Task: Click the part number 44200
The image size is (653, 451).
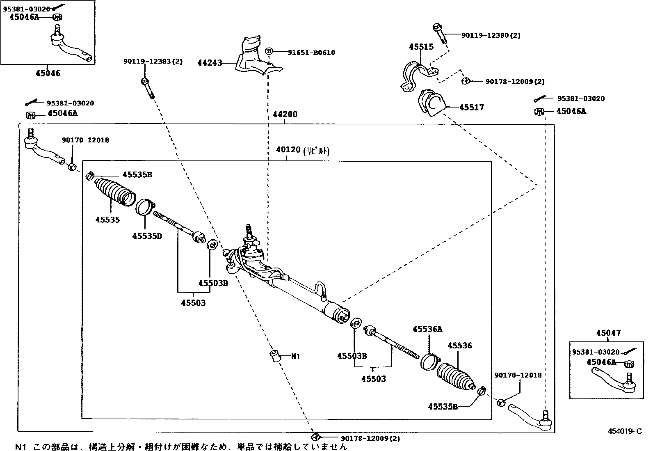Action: [x=285, y=114]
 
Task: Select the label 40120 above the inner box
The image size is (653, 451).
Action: [x=288, y=150]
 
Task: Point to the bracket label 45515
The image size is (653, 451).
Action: [x=421, y=47]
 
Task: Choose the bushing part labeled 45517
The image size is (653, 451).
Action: [x=431, y=104]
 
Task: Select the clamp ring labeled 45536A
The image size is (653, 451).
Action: [x=430, y=361]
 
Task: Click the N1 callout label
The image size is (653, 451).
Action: [x=295, y=356]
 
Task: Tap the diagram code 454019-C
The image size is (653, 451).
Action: [x=625, y=431]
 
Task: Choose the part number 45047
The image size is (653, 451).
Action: [x=608, y=333]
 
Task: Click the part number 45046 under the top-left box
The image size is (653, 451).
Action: [x=48, y=73]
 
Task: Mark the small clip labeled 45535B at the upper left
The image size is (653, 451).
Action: [x=89, y=176]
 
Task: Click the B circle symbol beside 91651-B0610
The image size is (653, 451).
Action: [x=269, y=51]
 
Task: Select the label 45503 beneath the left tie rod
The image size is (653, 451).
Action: [x=193, y=303]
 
